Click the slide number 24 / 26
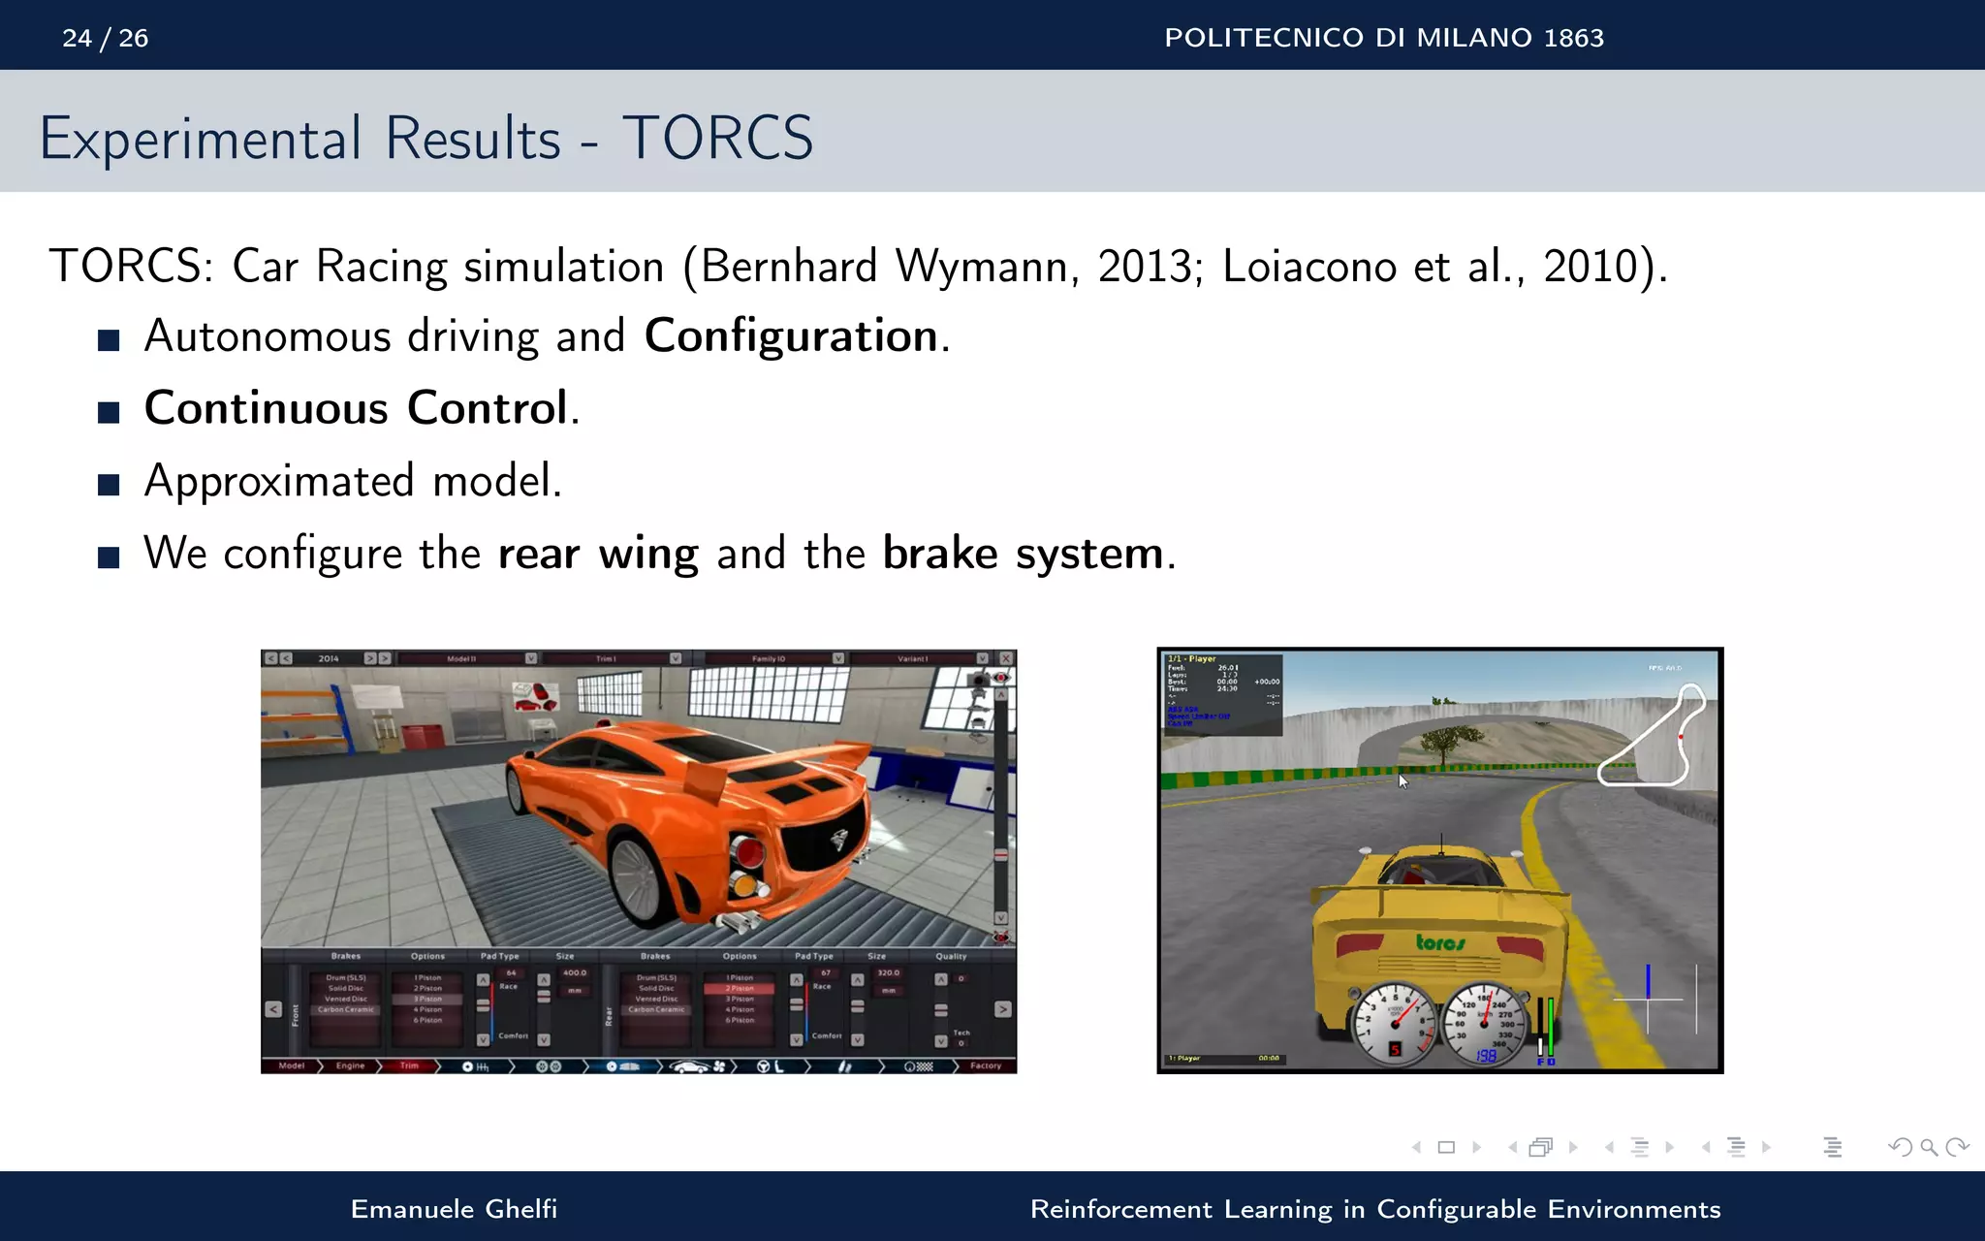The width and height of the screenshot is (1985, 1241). pyautogui.click(x=105, y=38)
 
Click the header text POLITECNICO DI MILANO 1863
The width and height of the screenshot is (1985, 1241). pyautogui.click(x=1383, y=38)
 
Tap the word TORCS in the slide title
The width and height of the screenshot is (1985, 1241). pyautogui.click(x=717, y=138)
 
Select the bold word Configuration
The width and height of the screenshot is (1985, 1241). pyautogui.click(x=791, y=336)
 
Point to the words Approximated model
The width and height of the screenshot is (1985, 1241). pyautogui.click(x=353, y=481)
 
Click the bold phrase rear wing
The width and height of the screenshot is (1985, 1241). pyautogui.click(x=597, y=554)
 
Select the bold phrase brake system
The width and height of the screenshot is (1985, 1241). pyautogui.click(x=1023, y=554)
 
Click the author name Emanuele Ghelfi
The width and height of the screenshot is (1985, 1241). pyautogui.click(x=454, y=1209)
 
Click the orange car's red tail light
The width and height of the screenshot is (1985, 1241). pyautogui.click(x=748, y=853)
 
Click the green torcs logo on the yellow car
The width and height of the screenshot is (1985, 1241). pyautogui.click(x=1440, y=941)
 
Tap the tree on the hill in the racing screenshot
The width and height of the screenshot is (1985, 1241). pyautogui.click(x=1443, y=743)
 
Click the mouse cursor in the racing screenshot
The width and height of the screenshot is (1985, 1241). pyautogui.click(x=1402, y=780)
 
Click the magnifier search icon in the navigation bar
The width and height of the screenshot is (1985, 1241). pyautogui.click(x=1929, y=1148)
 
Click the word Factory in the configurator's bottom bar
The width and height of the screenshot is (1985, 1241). pyautogui.click(x=985, y=1066)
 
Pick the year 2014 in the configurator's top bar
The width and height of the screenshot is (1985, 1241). pyautogui.click(x=329, y=658)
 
